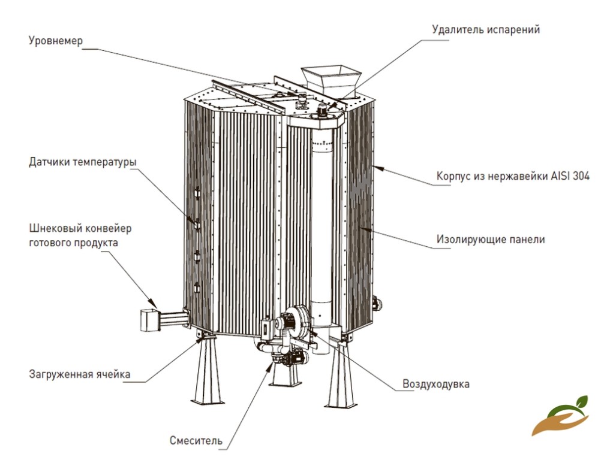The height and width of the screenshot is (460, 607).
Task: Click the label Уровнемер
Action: click(x=56, y=41)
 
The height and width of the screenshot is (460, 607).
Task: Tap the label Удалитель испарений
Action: click(x=486, y=29)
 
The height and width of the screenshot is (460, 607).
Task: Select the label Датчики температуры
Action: click(x=82, y=162)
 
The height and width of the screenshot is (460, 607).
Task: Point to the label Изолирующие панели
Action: click(x=490, y=240)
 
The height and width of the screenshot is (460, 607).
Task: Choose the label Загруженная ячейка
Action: click(x=79, y=375)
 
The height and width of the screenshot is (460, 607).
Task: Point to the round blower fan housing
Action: click(x=295, y=320)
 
